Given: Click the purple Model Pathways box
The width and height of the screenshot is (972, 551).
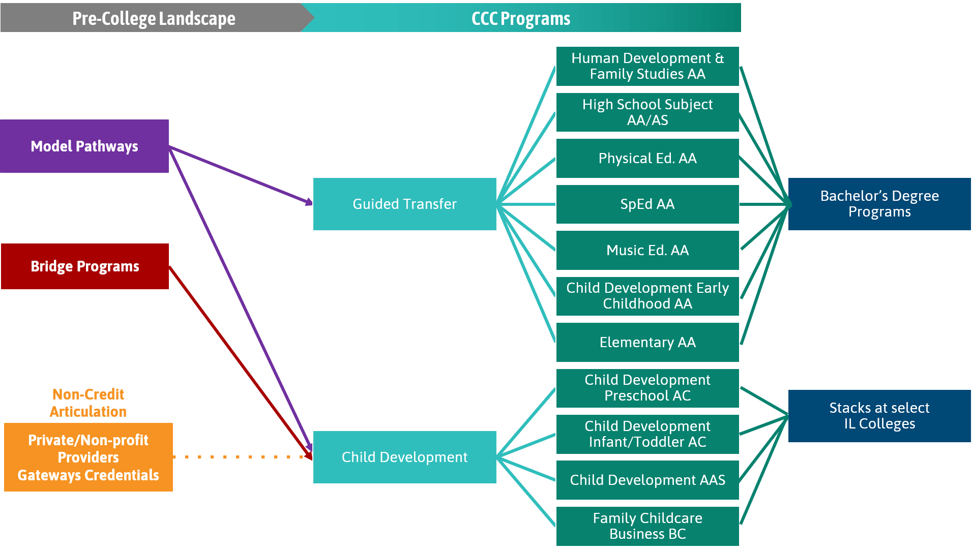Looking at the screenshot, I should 84,146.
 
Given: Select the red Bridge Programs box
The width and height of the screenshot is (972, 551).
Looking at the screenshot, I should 84,266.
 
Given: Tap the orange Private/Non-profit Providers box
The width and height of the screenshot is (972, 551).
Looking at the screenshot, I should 88,457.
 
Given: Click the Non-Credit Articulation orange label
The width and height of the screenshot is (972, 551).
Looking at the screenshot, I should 88,403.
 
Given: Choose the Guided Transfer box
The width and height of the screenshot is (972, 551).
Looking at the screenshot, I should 404,204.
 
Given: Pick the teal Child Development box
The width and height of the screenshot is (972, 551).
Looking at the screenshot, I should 404,457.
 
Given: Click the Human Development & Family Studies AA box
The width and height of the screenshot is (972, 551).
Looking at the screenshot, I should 647,66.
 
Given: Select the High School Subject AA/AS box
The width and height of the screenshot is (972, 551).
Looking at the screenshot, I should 647,112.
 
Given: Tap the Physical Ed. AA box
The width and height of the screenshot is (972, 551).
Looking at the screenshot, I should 647,158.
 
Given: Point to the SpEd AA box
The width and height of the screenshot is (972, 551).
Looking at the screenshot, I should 647,204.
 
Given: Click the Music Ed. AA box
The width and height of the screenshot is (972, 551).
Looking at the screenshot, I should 647,250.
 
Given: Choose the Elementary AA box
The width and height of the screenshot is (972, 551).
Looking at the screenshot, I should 647,342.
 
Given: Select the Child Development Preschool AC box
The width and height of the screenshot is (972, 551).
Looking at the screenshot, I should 647,388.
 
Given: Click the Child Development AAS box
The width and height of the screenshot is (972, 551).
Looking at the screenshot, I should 647,480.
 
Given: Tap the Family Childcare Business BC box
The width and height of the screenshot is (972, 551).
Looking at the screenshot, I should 647,526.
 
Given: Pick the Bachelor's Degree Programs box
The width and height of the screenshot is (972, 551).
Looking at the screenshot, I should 879,204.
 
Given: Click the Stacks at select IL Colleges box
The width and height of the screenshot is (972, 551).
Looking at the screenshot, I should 879,416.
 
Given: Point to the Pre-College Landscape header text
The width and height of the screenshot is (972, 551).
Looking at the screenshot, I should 154,18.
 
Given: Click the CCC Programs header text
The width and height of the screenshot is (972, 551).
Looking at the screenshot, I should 520,18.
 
